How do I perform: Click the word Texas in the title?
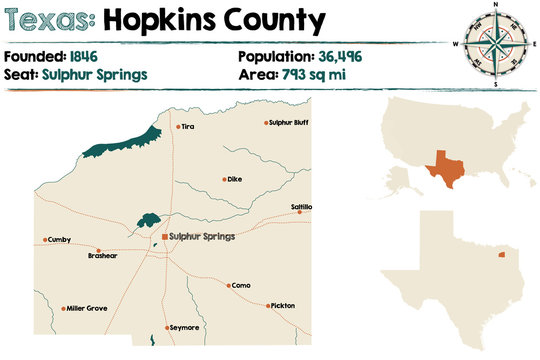coord(47,20)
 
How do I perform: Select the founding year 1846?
coord(84,58)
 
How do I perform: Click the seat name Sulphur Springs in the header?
coord(95,74)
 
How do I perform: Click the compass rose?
coord(494,44)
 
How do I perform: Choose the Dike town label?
coord(234,179)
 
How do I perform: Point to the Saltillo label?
coord(301,207)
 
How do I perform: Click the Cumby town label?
coord(59,240)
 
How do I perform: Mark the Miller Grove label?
coord(87,308)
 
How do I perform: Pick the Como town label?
coord(241,285)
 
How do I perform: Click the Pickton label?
coord(282,305)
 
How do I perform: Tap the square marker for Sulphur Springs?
coord(164,237)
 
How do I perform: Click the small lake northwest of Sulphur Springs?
coord(150,217)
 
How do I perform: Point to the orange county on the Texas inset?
coord(501,256)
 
